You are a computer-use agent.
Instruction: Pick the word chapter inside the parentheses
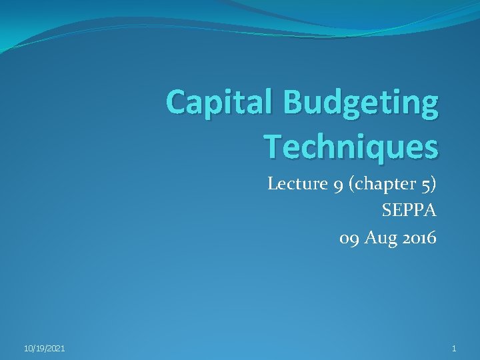tap(383, 184)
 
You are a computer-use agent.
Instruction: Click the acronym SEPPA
tap(409, 211)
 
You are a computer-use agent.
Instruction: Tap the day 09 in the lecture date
tap(349, 238)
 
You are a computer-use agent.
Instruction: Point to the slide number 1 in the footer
tap(454, 349)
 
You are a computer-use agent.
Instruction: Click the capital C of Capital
tap(177, 103)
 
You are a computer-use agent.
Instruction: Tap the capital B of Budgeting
tap(295, 103)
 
